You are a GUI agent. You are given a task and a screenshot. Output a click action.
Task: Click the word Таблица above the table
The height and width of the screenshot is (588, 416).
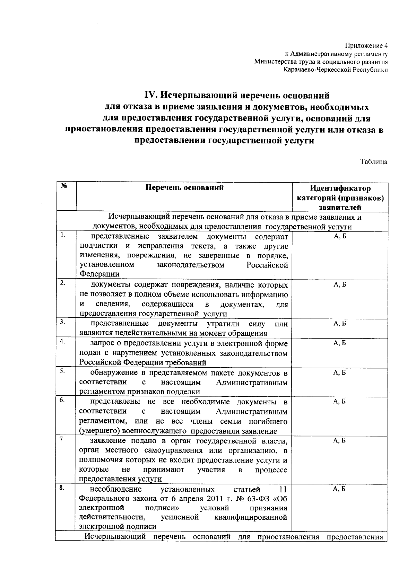(x=374, y=162)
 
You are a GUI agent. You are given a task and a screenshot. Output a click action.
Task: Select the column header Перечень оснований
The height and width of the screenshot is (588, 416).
(x=184, y=188)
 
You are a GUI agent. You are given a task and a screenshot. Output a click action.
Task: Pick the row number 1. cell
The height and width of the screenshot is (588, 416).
(x=63, y=235)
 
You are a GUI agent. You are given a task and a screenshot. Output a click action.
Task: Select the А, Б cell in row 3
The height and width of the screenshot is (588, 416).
(x=339, y=324)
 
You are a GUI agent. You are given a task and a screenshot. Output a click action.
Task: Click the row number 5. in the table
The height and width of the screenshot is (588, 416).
(x=63, y=371)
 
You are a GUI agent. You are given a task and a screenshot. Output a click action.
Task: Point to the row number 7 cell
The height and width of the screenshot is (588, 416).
(x=61, y=439)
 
